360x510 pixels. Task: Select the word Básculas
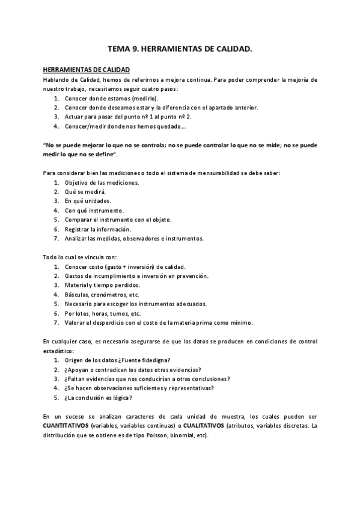coord(78,295)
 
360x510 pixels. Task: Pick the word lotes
coord(82,313)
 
